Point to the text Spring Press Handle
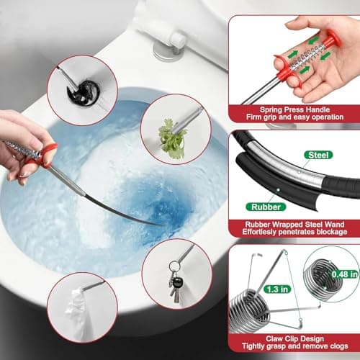click(x=293, y=107)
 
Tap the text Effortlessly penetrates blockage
click(x=293, y=233)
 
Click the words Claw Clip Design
click(x=293, y=337)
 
